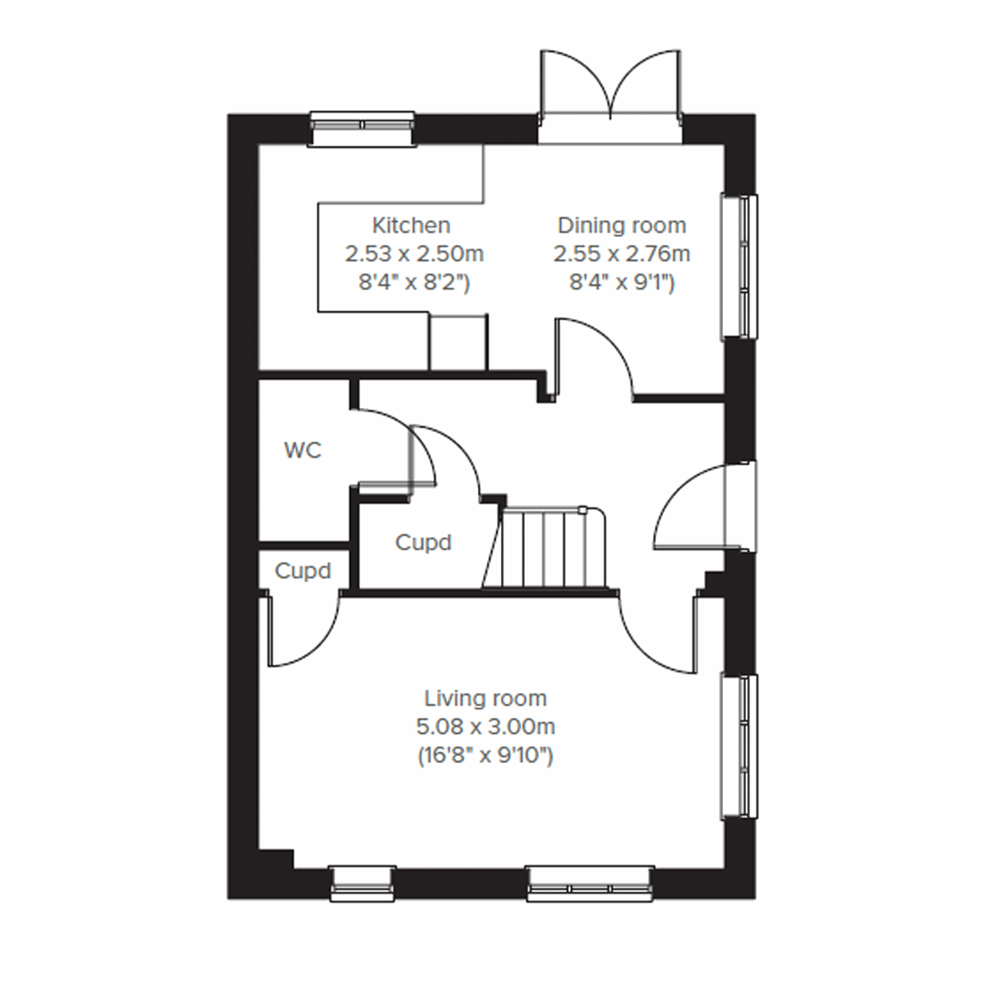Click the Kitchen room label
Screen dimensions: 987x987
pyautogui.click(x=411, y=225)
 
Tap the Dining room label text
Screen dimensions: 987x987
pyautogui.click(x=621, y=225)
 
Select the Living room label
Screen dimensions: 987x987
pyautogui.click(x=485, y=699)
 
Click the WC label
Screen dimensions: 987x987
pyautogui.click(x=303, y=451)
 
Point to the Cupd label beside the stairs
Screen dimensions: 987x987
pyautogui.click(x=424, y=543)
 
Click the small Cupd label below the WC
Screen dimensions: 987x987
pyautogui.click(x=303, y=571)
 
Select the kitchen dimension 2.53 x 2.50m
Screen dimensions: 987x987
pyautogui.click(x=414, y=253)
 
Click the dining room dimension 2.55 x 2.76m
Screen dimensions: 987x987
pyautogui.click(x=621, y=253)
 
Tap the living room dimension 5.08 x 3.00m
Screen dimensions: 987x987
pyautogui.click(x=485, y=727)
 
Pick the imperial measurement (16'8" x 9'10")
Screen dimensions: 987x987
pyautogui.click(x=485, y=755)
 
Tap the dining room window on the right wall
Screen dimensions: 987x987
pyautogui.click(x=739, y=266)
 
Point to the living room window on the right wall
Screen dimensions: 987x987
pyautogui.click(x=739, y=746)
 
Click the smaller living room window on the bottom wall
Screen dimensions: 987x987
pyautogui.click(x=363, y=883)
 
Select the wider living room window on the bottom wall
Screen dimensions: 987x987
pyautogui.click(x=591, y=883)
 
